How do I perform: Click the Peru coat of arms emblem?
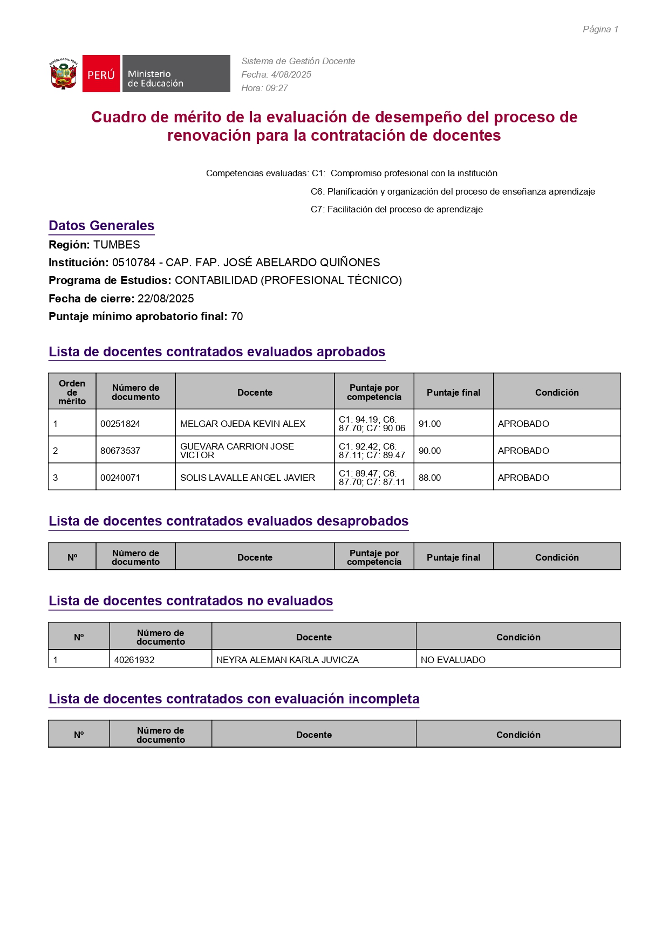click(x=64, y=74)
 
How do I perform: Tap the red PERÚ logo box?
click(x=101, y=74)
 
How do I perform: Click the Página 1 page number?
click(x=600, y=30)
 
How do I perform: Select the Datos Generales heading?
click(x=101, y=226)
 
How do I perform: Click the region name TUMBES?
click(x=117, y=245)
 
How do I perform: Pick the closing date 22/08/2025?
click(x=166, y=299)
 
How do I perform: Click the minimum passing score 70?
click(x=237, y=316)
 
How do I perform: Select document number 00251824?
click(x=120, y=424)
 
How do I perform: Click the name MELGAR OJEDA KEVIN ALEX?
click(x=243, y=424)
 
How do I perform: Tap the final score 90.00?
click(x=429, y=451)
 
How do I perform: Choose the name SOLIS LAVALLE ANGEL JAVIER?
click(x=248, y=478)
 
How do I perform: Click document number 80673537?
click(x=120, y=451)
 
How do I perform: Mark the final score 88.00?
click(x=429, y=478)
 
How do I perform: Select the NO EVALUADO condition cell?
click(x=453, y=660)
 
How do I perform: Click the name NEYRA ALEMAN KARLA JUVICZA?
click(x=288, y=660)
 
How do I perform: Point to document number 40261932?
click(x=134, y=660)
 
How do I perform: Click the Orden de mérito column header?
click(x=72, y=392)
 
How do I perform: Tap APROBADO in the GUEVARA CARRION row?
click(x=523, y=451)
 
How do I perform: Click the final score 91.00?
click(x=429, y=424)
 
